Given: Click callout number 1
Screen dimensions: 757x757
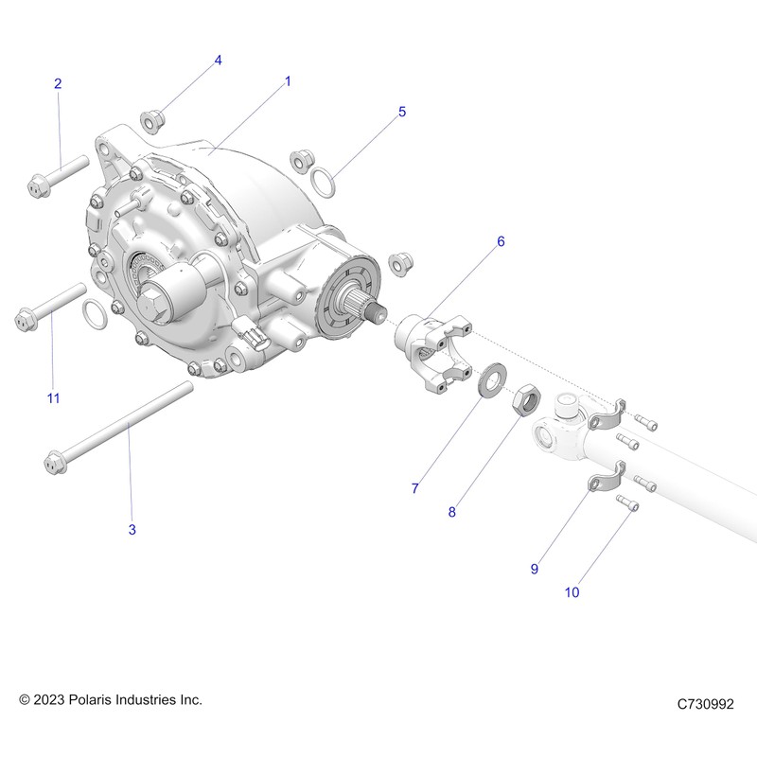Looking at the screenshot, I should point(288,82).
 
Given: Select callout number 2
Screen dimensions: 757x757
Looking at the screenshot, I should point(58,84).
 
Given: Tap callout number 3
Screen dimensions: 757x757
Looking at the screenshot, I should point(132,530).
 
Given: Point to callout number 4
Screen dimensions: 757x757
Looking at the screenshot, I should point(218,60).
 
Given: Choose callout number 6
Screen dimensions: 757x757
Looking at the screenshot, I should point(501,241).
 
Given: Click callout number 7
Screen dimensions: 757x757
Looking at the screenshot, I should point(414,488).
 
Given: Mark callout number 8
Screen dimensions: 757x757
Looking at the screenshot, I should point(452,512).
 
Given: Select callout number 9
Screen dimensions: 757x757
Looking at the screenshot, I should point(534,569).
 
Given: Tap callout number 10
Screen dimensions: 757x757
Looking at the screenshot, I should point(572,593).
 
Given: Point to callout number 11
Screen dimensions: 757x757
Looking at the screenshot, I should point(53,398).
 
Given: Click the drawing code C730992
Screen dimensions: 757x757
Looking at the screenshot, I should point(705,704).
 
